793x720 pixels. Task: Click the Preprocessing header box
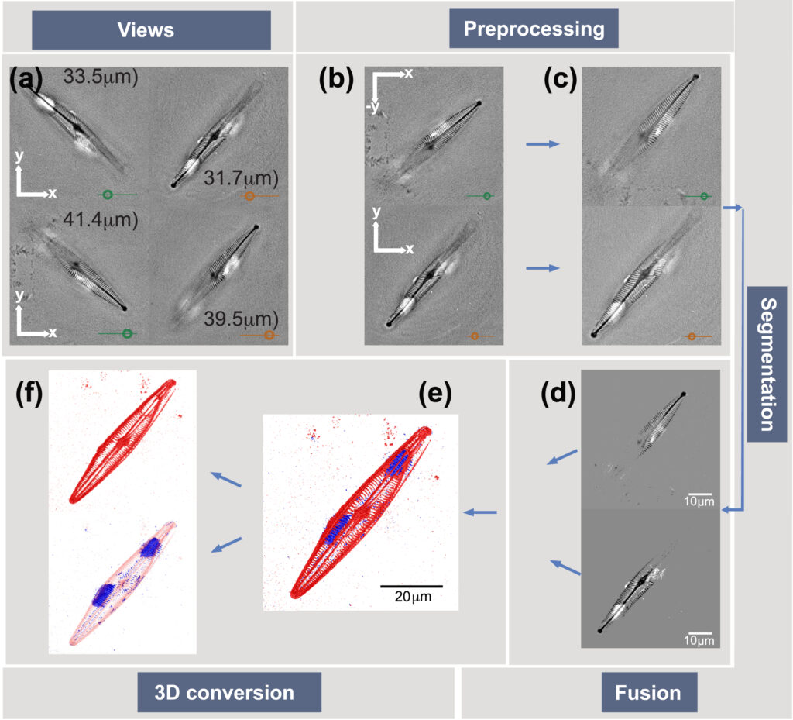(x=534, y=29)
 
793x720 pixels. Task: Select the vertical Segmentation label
(x=767, y=364)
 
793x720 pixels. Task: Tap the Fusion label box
(x=648, y=691)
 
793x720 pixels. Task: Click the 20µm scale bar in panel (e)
(x=411, y=587)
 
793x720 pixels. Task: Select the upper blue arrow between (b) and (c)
(x=541, y=143)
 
